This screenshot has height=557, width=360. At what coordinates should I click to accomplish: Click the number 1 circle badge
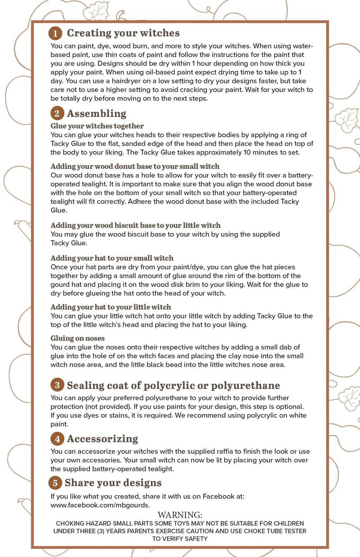pyautogui.click(x=56, y=34)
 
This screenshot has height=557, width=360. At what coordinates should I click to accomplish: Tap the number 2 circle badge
pyautogui.click(x=56, y=114)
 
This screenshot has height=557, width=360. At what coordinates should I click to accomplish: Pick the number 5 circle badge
pyautogui.click(x=55, y=483)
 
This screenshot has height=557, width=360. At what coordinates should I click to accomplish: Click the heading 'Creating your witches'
pyautogui.click(x=123, y=33)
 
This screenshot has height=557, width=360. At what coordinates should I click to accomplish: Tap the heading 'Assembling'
pyautogui.click(x=97, y=114)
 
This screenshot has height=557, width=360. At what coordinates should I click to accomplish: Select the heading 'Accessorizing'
pyautogui.click(x=103, y=438)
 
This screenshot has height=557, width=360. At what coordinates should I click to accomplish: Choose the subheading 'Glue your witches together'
pyautogui.click(x=97, y=126)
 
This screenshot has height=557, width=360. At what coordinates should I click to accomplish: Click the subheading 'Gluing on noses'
pyautogui.click(x=78, y=338)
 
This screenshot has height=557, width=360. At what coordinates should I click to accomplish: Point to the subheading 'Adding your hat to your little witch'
pyautogui.click(x=111, y=307)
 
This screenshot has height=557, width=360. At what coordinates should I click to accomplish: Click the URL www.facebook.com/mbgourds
pyautogui.click(x=100, y=505)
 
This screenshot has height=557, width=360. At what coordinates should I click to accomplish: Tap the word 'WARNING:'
pyautogui.click(x=180, y=515)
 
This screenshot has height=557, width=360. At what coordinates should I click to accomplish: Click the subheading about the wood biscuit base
pyautogui.click(x=136, y=225)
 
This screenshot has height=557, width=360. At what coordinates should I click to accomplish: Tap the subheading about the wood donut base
pyautogui.click(x=135, y=166)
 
